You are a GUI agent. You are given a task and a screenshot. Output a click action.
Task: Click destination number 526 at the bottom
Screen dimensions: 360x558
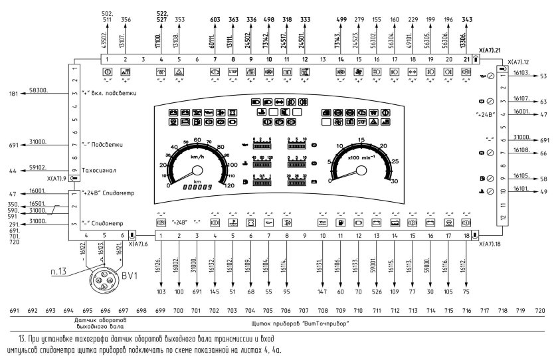pyautogui.click(x=377, y=290)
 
